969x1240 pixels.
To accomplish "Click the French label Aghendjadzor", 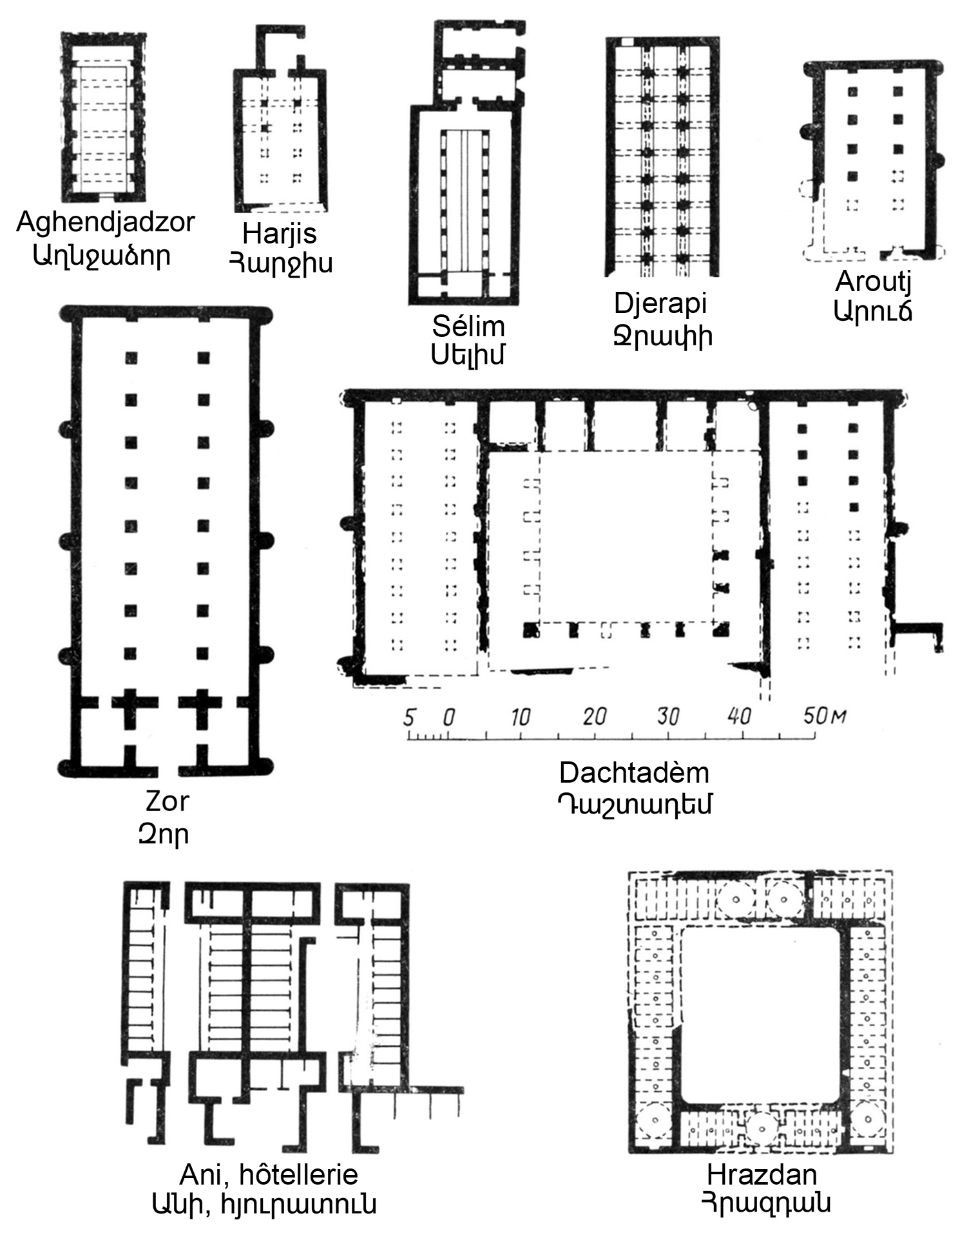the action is point(106,223).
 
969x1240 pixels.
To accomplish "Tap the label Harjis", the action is point(280,234).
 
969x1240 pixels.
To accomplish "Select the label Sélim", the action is point(468,327).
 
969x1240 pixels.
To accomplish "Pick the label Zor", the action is point(167,802).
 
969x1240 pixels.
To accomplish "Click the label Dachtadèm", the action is point(634,773).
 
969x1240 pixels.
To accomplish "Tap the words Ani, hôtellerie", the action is point(269,1174).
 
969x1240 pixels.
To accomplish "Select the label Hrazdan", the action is point(762,1174).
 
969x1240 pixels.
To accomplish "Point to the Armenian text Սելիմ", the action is point(468,355).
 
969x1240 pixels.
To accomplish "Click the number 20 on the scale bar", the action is point(594,716).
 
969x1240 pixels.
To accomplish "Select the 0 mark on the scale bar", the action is point(449,716).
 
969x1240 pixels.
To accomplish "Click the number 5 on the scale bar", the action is point(408,716).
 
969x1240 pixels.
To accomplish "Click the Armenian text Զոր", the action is point(164,834).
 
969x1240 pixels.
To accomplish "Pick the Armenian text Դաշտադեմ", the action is point(635,804).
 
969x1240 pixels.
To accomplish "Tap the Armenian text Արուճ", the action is point(873,312).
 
